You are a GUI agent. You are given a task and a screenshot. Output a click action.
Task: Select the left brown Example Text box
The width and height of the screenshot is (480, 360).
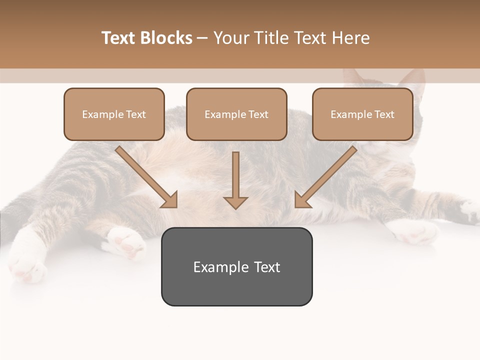coord(114,114)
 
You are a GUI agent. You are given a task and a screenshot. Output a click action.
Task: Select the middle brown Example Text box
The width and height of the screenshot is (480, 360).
coord(236,114)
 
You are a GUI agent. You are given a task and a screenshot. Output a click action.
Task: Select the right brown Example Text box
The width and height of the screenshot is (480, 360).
coord(362,114)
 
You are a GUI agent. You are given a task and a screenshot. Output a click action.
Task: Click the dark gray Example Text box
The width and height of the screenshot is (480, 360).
coord(236,266)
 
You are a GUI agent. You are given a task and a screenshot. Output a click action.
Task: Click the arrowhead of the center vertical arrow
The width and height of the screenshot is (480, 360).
coord(235,203)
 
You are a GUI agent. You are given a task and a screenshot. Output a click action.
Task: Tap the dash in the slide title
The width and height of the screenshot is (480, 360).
coord(202,38)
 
